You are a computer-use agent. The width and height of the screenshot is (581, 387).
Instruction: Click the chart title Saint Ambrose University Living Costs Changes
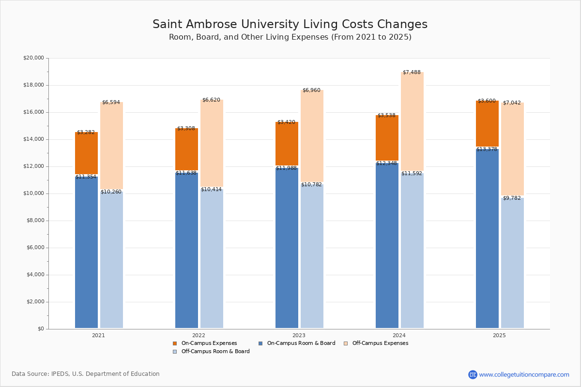tap(290, 25)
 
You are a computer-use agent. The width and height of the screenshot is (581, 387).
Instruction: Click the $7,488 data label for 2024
tap(412, 73)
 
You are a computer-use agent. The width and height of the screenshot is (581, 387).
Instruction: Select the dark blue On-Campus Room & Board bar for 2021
tap(86, 252)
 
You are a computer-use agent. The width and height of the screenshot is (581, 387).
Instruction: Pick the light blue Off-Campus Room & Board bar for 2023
tap(312, 256)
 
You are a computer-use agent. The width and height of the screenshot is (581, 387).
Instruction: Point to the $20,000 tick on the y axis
tap(33, 58)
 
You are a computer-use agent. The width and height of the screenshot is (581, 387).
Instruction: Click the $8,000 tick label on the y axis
tap(33, 221)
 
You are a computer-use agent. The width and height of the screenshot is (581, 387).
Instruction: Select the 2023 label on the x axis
tap(299, 335)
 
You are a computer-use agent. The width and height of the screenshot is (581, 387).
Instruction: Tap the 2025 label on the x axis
tap(499, 335)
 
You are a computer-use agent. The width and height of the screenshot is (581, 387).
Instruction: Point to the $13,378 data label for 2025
tap(487, 149)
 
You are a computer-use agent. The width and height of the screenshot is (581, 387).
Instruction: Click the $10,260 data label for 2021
tap(111, 192)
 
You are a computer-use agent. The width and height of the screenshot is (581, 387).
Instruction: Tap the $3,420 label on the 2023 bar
tap(286, 122)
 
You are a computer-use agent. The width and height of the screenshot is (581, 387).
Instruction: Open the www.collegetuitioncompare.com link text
tap(524, 374)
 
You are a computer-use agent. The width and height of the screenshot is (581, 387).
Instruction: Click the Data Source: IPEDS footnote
tap(86, 374)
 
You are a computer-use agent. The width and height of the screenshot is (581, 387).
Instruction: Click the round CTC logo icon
tap(473, 374)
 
